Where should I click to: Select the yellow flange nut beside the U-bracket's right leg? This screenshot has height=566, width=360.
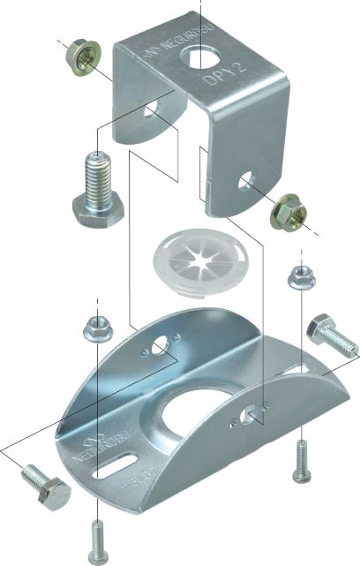287,211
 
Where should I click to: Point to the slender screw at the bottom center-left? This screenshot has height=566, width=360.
98,540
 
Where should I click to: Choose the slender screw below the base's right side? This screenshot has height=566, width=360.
301,463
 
